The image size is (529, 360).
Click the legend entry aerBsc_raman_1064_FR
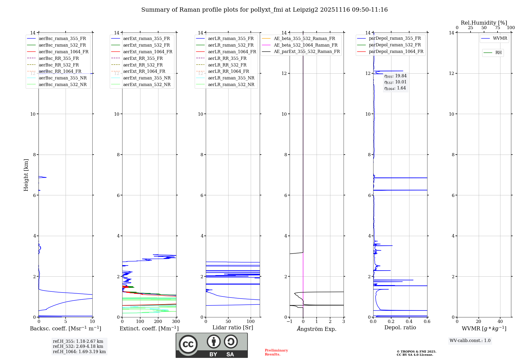(63, 52)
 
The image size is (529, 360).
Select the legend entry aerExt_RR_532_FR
(143, 65)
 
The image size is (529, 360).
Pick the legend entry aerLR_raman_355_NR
(231, 78)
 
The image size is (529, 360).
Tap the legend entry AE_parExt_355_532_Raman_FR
(307, 51)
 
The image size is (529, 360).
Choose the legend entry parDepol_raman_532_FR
(395, 45)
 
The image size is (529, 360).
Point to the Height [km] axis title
(26, 175)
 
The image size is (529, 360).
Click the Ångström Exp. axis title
(317, 329)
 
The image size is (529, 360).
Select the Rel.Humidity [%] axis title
(484, 23)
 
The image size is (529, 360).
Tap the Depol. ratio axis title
(400, 327)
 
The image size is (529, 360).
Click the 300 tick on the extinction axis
(176, 322)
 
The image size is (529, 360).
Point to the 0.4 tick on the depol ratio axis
(409, 322)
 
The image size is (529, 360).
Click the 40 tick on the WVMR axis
(500, 322)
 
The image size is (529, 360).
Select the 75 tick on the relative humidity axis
(497, 28)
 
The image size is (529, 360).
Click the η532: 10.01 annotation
(395, 82)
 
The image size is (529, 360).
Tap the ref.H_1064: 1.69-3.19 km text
(79, 352)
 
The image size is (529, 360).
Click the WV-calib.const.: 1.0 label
(470, 341)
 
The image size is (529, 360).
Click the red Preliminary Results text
(276, 352)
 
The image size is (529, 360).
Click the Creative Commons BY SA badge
(212, 345)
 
